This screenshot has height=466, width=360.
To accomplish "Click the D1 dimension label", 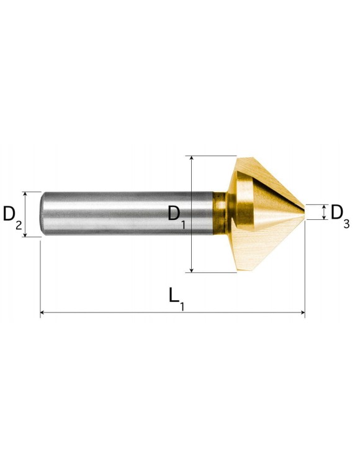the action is [177, 217].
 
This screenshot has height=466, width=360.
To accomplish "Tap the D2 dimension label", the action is [12, 217].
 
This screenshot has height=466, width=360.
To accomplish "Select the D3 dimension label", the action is [340, 216].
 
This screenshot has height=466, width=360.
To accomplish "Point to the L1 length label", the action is [177, 299].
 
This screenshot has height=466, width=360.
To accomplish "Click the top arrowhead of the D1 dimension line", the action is [192, 158].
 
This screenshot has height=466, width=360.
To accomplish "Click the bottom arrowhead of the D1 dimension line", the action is [192, 269].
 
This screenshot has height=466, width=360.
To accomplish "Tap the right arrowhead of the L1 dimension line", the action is [302, 313].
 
